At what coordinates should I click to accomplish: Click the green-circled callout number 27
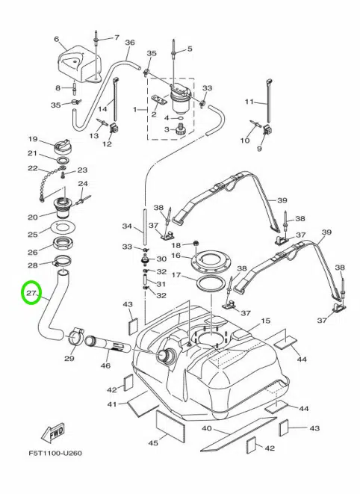pyautogui.click(x=31, y=293)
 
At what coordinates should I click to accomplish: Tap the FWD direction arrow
pyautogui.click(x=52, y=432)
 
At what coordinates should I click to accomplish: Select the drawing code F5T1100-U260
pyautogui.click(x=55, y=454)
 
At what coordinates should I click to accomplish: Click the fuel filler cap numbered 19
pyautogui.click(x=62, y=146)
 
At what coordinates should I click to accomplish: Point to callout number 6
pyautogui.click(x=57, y=39)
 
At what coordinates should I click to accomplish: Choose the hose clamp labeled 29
pyautogui.click(x=75, y=337)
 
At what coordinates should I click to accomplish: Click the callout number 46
pyautogui.click(x=105, y=365)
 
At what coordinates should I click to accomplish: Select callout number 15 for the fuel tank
pyautogui.click(x=265, y=321)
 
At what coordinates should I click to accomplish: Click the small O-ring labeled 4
pyautogui.click(x=180, y=118)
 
